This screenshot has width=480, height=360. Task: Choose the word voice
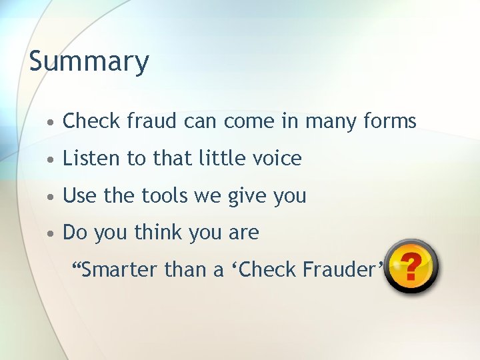277,159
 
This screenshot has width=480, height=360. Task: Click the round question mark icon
411,266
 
